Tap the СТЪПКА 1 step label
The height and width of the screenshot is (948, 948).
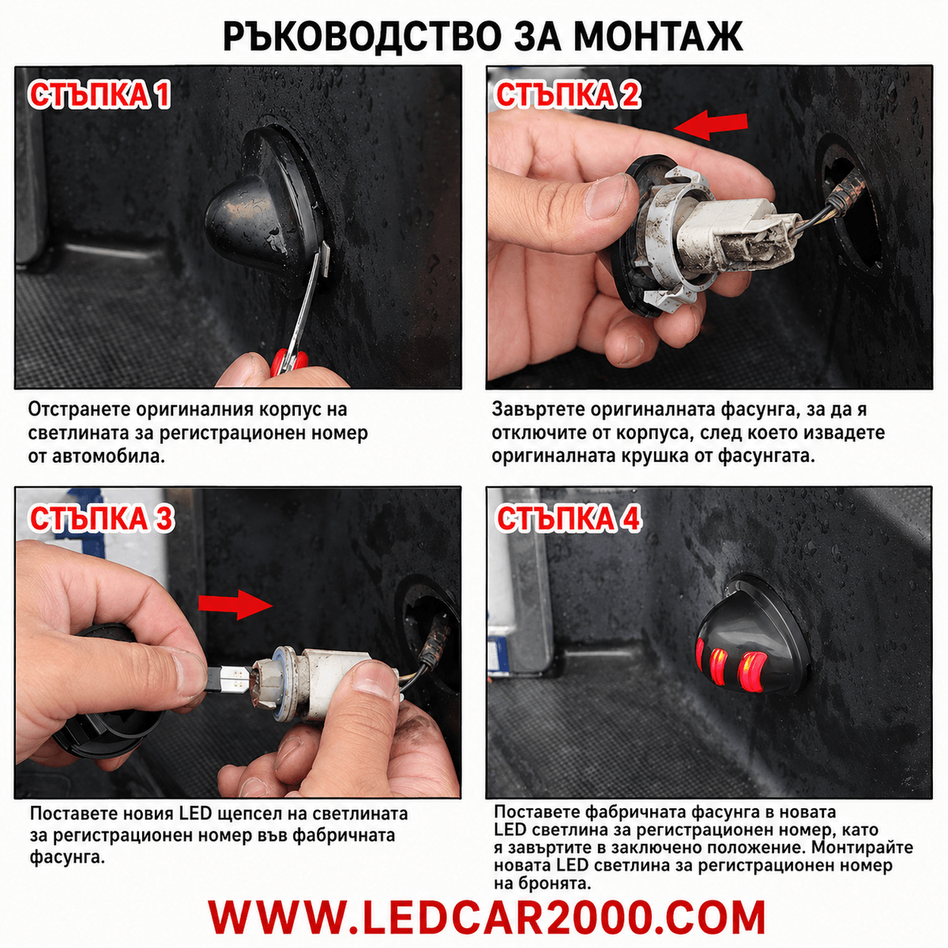(100, 95)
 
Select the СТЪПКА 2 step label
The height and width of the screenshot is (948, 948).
(568, 95)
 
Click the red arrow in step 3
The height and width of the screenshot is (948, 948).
(235, 604)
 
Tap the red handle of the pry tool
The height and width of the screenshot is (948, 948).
(288, 362)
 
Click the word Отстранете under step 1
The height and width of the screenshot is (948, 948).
(77, 409)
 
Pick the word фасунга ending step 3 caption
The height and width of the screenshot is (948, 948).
(67, 857)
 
